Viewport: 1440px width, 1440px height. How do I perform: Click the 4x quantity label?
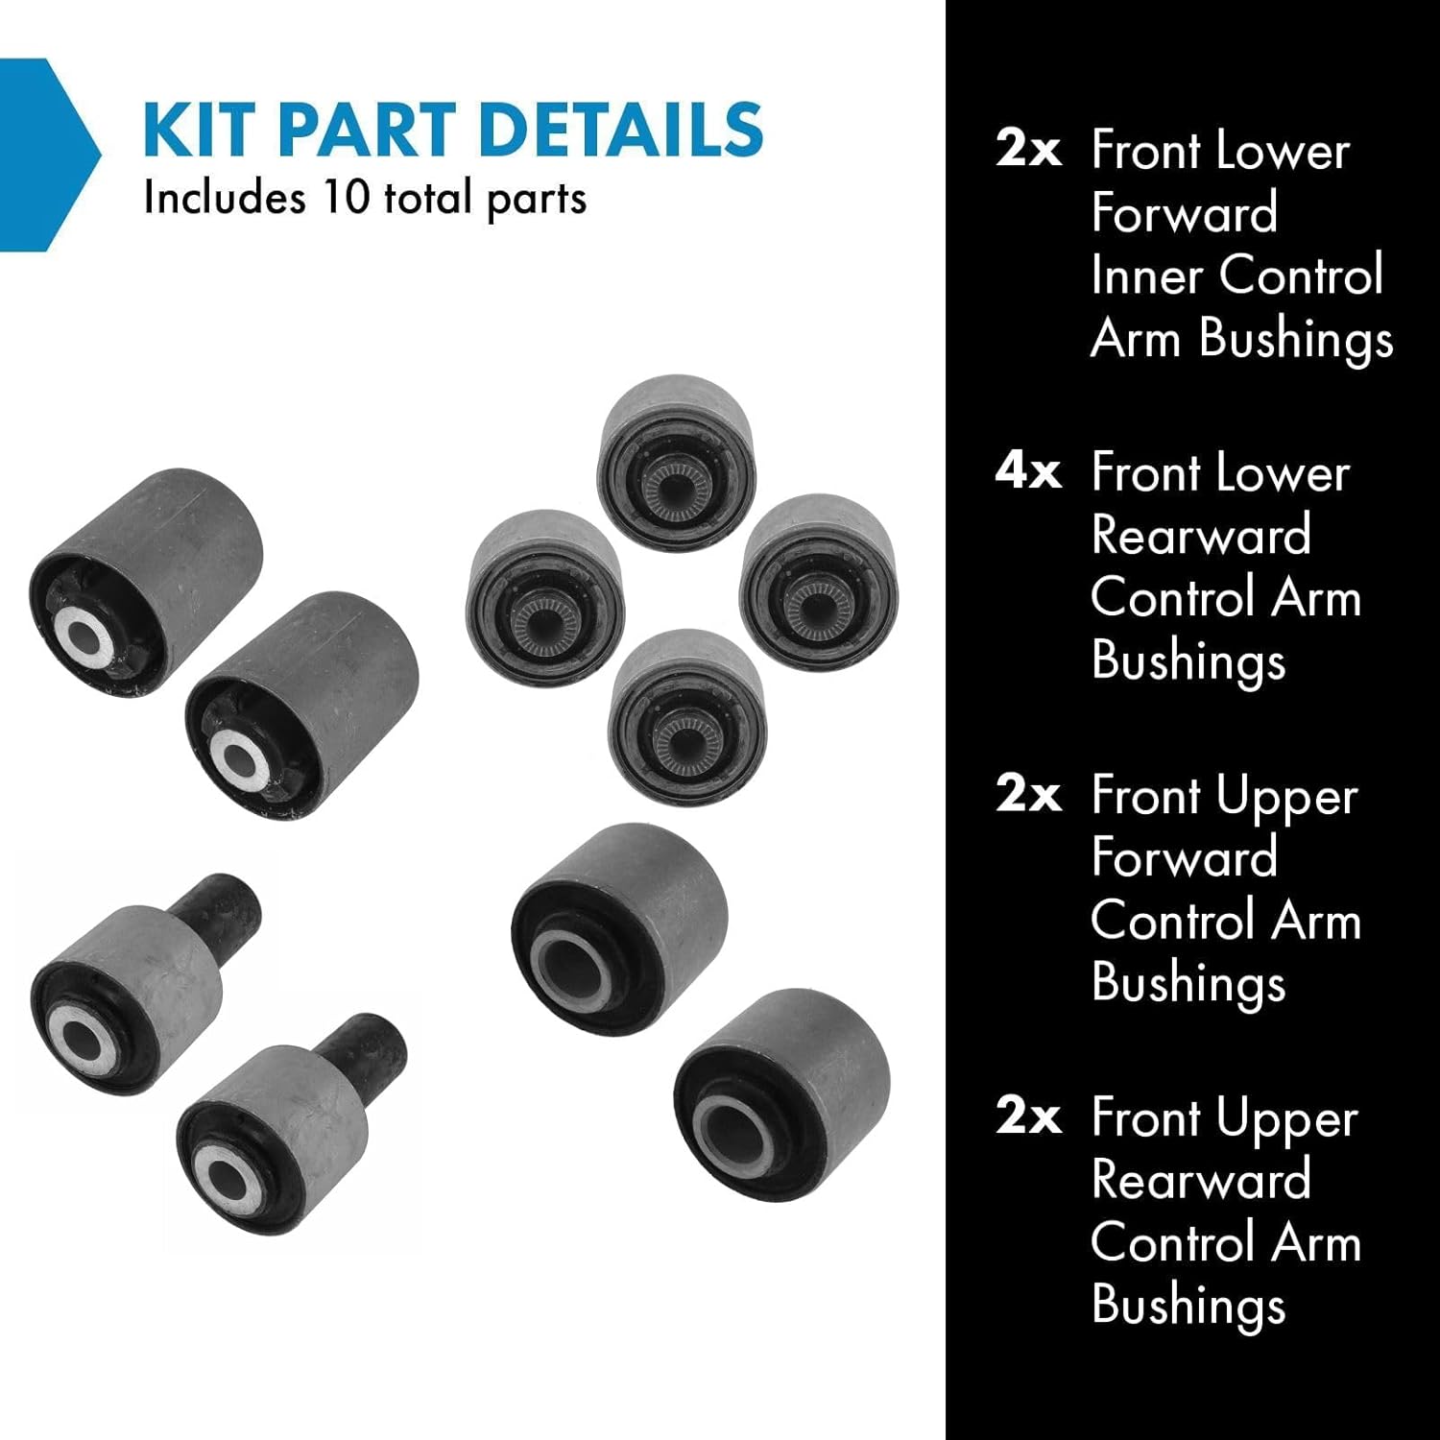pos(1028,472)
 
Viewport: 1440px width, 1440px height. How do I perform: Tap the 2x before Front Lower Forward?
pos(1028,150)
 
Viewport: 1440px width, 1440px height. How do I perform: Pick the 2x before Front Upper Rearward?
pos(1028,1116)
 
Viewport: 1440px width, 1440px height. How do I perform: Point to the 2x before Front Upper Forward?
pos(1028,795)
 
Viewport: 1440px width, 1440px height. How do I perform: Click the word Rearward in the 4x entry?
pos(1201,536)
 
